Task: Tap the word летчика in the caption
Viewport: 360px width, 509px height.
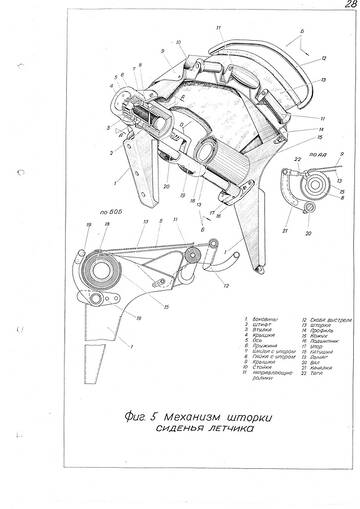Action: point(223,431)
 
